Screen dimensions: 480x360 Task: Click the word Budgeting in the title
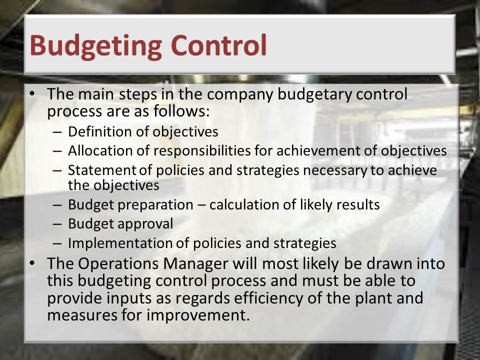95,46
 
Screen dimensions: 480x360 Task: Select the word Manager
195,264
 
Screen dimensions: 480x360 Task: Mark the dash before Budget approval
57,224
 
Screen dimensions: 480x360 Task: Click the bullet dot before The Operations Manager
32,263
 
